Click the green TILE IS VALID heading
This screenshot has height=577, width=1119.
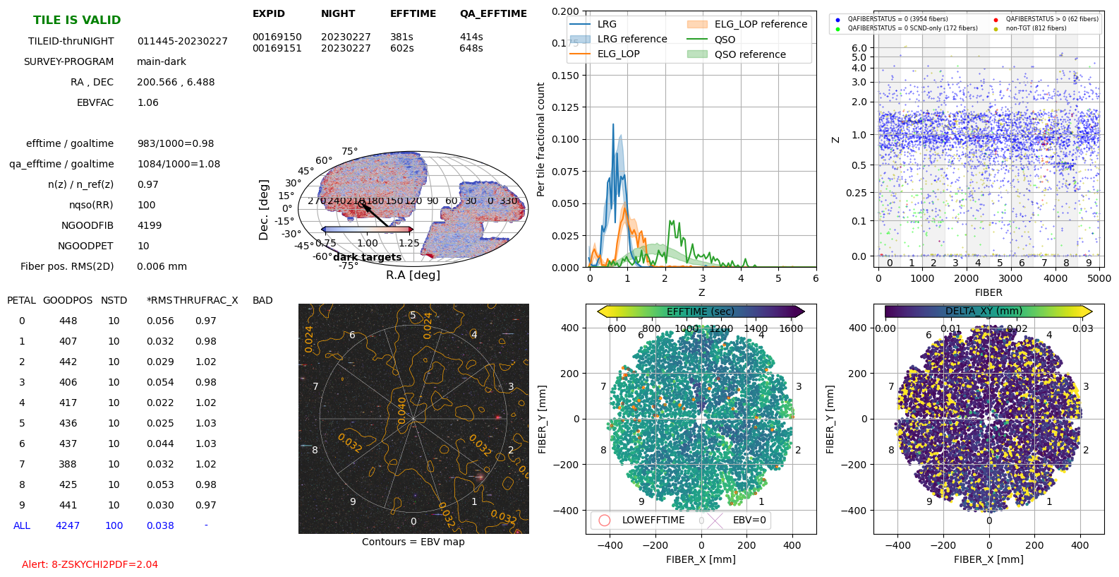point(77,20)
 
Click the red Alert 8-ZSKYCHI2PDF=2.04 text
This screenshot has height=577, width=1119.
point(90,564)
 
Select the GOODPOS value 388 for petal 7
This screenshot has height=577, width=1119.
point(68,464)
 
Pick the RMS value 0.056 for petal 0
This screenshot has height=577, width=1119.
point(160,321)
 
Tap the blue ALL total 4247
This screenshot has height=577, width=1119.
point(68,525)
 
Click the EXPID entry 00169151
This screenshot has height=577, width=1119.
point(277,48)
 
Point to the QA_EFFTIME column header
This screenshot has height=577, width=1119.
point(493,13)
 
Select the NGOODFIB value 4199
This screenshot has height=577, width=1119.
point(149,225)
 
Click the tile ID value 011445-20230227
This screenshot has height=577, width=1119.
point(182,41)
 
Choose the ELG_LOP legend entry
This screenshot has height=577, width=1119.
point(618,54)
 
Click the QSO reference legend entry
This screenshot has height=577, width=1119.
point(749,54)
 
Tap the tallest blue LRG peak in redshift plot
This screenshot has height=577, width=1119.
point(613,126)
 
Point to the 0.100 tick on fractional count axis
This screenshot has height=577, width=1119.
point(565,139)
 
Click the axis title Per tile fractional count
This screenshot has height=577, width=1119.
point(541,139)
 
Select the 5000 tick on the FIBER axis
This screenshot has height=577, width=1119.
point(1099,278)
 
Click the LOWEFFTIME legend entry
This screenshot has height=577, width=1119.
point(653,520)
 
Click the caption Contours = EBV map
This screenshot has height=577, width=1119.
point(413,542)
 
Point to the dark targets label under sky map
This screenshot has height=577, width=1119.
point(367,257)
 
